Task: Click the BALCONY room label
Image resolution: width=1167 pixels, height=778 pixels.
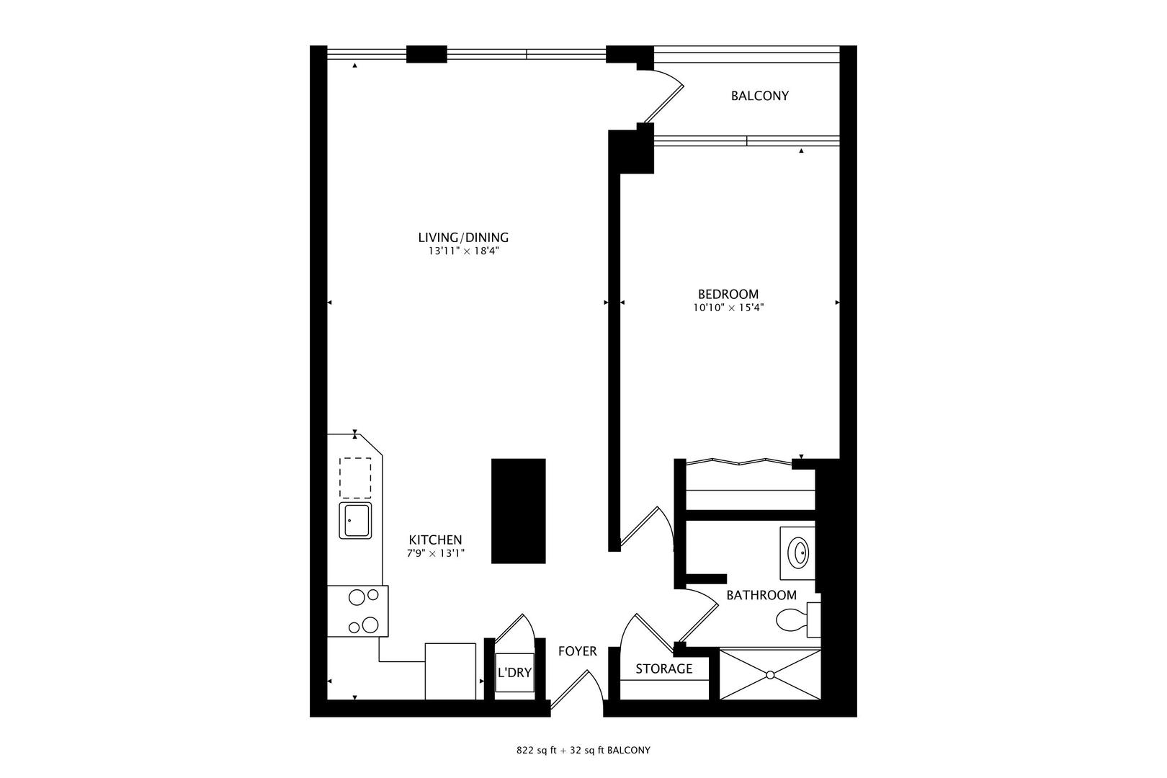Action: click(759, 96)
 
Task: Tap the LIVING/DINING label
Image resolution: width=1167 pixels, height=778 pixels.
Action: click(463, 238)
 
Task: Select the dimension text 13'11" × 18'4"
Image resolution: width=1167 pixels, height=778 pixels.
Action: click(463, 251)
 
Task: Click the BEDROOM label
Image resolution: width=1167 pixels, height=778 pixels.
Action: click(728, 294)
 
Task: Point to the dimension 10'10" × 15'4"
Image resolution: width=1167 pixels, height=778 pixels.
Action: click(728, 308)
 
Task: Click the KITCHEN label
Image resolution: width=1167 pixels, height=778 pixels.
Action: click(436, 540)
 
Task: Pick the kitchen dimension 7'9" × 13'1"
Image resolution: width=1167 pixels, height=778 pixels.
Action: click(436, 553)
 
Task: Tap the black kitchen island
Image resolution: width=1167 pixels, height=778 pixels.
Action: click(519, 511)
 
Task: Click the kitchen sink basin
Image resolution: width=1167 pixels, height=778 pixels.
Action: click(355, 520)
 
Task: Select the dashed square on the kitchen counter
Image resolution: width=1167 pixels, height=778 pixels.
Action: click(355, 478)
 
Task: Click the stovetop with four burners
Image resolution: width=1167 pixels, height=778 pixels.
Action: click(358, 612)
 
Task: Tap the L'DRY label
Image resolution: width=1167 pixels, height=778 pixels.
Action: click(515, 673)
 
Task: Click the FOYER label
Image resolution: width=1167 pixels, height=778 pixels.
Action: click(577, 651)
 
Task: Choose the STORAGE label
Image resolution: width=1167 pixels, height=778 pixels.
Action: click(663, 669)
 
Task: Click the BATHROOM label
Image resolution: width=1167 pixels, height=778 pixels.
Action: click(761, 595)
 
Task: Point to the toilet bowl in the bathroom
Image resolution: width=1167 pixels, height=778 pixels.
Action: click(790, 621)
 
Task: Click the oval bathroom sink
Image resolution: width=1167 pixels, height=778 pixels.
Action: click(798, 553)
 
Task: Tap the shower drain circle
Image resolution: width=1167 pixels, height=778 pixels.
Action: click(770, 675)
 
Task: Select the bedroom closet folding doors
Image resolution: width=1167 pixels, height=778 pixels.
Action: click(739, 461)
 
